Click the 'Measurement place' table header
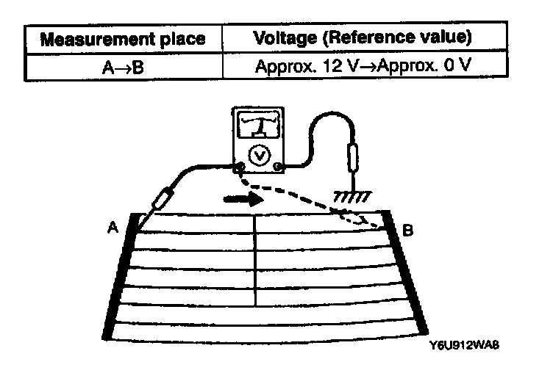tap(121, 39)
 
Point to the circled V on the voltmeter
tap(258, 155)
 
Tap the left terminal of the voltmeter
tap(239, 168)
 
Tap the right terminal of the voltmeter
tap(277, 168)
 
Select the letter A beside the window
tap(112, 228)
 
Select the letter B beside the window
tap(408, 231)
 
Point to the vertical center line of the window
tap(255, 261)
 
